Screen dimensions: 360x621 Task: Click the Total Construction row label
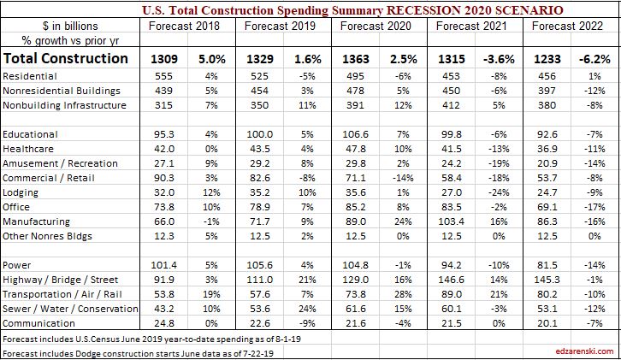pyautogui.click(x=66, y=59)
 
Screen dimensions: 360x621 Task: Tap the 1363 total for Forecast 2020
pyautogui.click(x=357, y=59)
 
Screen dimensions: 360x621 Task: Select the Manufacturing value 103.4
pyautogui.click(x=450, y=221)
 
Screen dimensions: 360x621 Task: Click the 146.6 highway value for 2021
pyautogui.click(x=450, y=280)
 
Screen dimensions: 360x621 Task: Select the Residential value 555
pyautogui.click(x=165, y=77)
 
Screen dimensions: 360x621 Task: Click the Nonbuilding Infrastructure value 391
pyautogui.click(x=356, y=106)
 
